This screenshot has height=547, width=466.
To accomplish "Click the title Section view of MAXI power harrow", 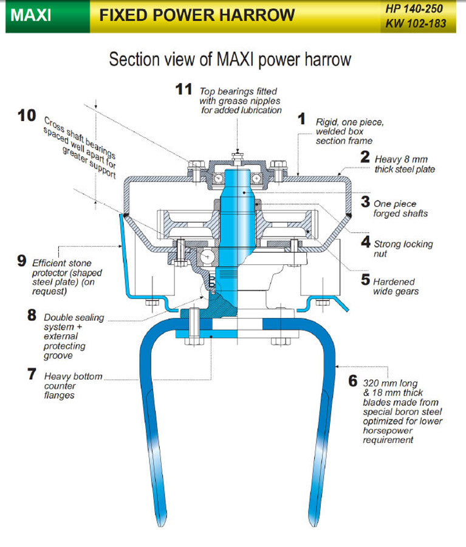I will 230,60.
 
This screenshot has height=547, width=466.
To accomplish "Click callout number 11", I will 183,90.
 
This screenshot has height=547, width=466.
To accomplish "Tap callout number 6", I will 352,382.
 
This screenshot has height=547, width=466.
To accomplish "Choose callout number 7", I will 32,374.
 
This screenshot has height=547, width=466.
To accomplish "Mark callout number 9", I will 22,261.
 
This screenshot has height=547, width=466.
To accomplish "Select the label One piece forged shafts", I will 400,208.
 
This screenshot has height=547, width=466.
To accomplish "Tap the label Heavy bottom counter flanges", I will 73,386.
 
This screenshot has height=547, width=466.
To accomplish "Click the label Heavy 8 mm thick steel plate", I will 405,164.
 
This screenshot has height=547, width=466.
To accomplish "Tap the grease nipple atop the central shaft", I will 239,150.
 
